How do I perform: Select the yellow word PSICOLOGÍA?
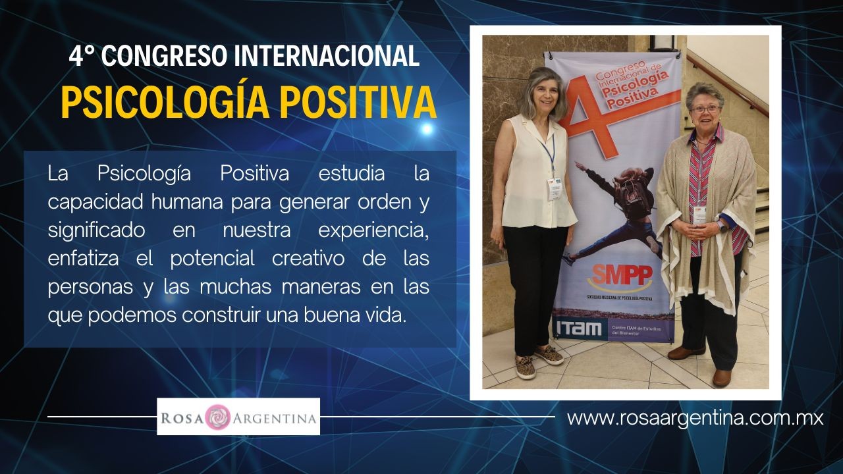click(x=165, y=102)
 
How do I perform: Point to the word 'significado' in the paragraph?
click(x=96, y=231)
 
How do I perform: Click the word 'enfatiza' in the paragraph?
click(x=83, y=259)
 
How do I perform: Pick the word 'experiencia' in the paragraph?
click(x=373, y=231)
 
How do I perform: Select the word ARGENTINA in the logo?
click(x=275, y=418)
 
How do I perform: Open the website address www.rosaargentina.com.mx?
click(x=695, y=418)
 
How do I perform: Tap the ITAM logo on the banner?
click(x=579, y=329)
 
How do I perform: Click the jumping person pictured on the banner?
click(x=617, y=211)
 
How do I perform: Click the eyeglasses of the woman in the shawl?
click(x=705, y=109)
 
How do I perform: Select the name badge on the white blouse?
click(x=554, y=189)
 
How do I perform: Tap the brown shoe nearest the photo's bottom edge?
click(x=722, y=378)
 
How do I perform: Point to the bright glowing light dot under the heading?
click(x=426, y=129)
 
